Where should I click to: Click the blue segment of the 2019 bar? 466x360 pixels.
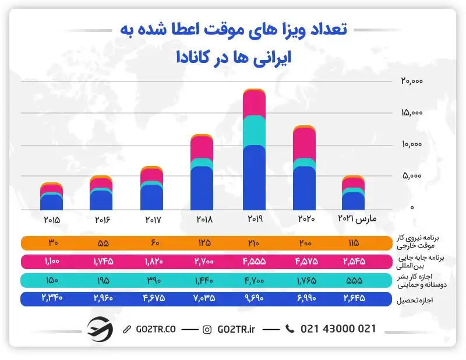255,178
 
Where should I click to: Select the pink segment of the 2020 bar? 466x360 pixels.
304,143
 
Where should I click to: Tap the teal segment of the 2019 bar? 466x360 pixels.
255,130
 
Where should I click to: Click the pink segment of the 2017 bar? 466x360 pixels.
152,176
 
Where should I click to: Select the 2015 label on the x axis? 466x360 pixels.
52,220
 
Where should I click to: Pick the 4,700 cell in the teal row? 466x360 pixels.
255,280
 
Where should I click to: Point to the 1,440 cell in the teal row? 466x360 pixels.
202,280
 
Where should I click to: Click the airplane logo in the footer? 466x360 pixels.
100,329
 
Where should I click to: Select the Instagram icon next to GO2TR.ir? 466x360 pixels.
207,329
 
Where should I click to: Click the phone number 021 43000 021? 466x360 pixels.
338,329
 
